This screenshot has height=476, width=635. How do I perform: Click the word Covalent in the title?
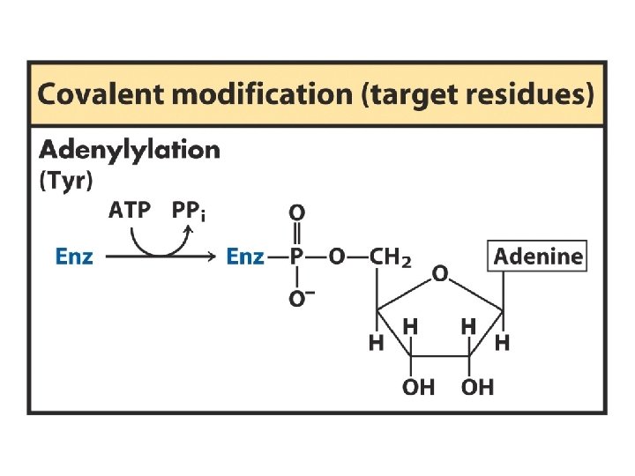coord(95,94)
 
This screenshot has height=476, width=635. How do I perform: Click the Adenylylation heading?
coord(129,149)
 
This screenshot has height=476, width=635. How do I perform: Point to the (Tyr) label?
coord(66,181)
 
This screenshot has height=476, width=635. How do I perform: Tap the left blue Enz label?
coord(74,257)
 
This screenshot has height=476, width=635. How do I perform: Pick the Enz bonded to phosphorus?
coord(245,257)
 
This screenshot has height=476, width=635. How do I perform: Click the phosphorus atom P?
coord(298,257)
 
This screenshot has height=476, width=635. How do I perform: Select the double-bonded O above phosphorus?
coord(298,212)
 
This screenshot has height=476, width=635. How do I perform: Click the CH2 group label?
coord(390,257)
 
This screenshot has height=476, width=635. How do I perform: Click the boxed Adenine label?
coord(538,257)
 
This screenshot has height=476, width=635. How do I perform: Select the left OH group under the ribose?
coord(418,387)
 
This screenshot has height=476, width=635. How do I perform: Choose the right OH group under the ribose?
coord(477,387)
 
